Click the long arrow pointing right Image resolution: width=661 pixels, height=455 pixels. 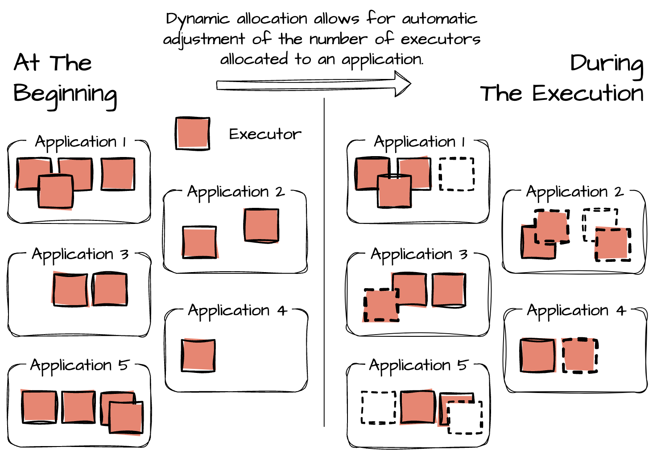pos(312,84)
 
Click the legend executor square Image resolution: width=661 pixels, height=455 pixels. pos(193,133)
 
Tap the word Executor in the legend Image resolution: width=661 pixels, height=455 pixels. pos(265,134)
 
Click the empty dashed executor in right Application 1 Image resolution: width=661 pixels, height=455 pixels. pos(457,174)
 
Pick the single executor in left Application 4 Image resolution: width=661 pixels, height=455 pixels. pos(198,355)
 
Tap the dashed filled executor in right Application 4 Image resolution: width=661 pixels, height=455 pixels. pos(579,355)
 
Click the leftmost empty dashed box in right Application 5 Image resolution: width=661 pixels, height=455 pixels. pos(378,407)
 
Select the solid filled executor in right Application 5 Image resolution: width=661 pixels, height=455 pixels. pos(417,407)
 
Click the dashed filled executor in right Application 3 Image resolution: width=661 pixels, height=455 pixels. pos(381,305)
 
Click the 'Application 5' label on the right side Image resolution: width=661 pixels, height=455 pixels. pos(418,365)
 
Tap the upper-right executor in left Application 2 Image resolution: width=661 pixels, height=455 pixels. pos(262,226)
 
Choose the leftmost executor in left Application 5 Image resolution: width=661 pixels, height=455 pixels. pos(40,407)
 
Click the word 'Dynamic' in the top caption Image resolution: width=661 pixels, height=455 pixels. pos(197,19)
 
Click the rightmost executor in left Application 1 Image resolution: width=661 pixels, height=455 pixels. pos(118,174)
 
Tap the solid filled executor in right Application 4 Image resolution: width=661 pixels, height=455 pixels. pos(538,355)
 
